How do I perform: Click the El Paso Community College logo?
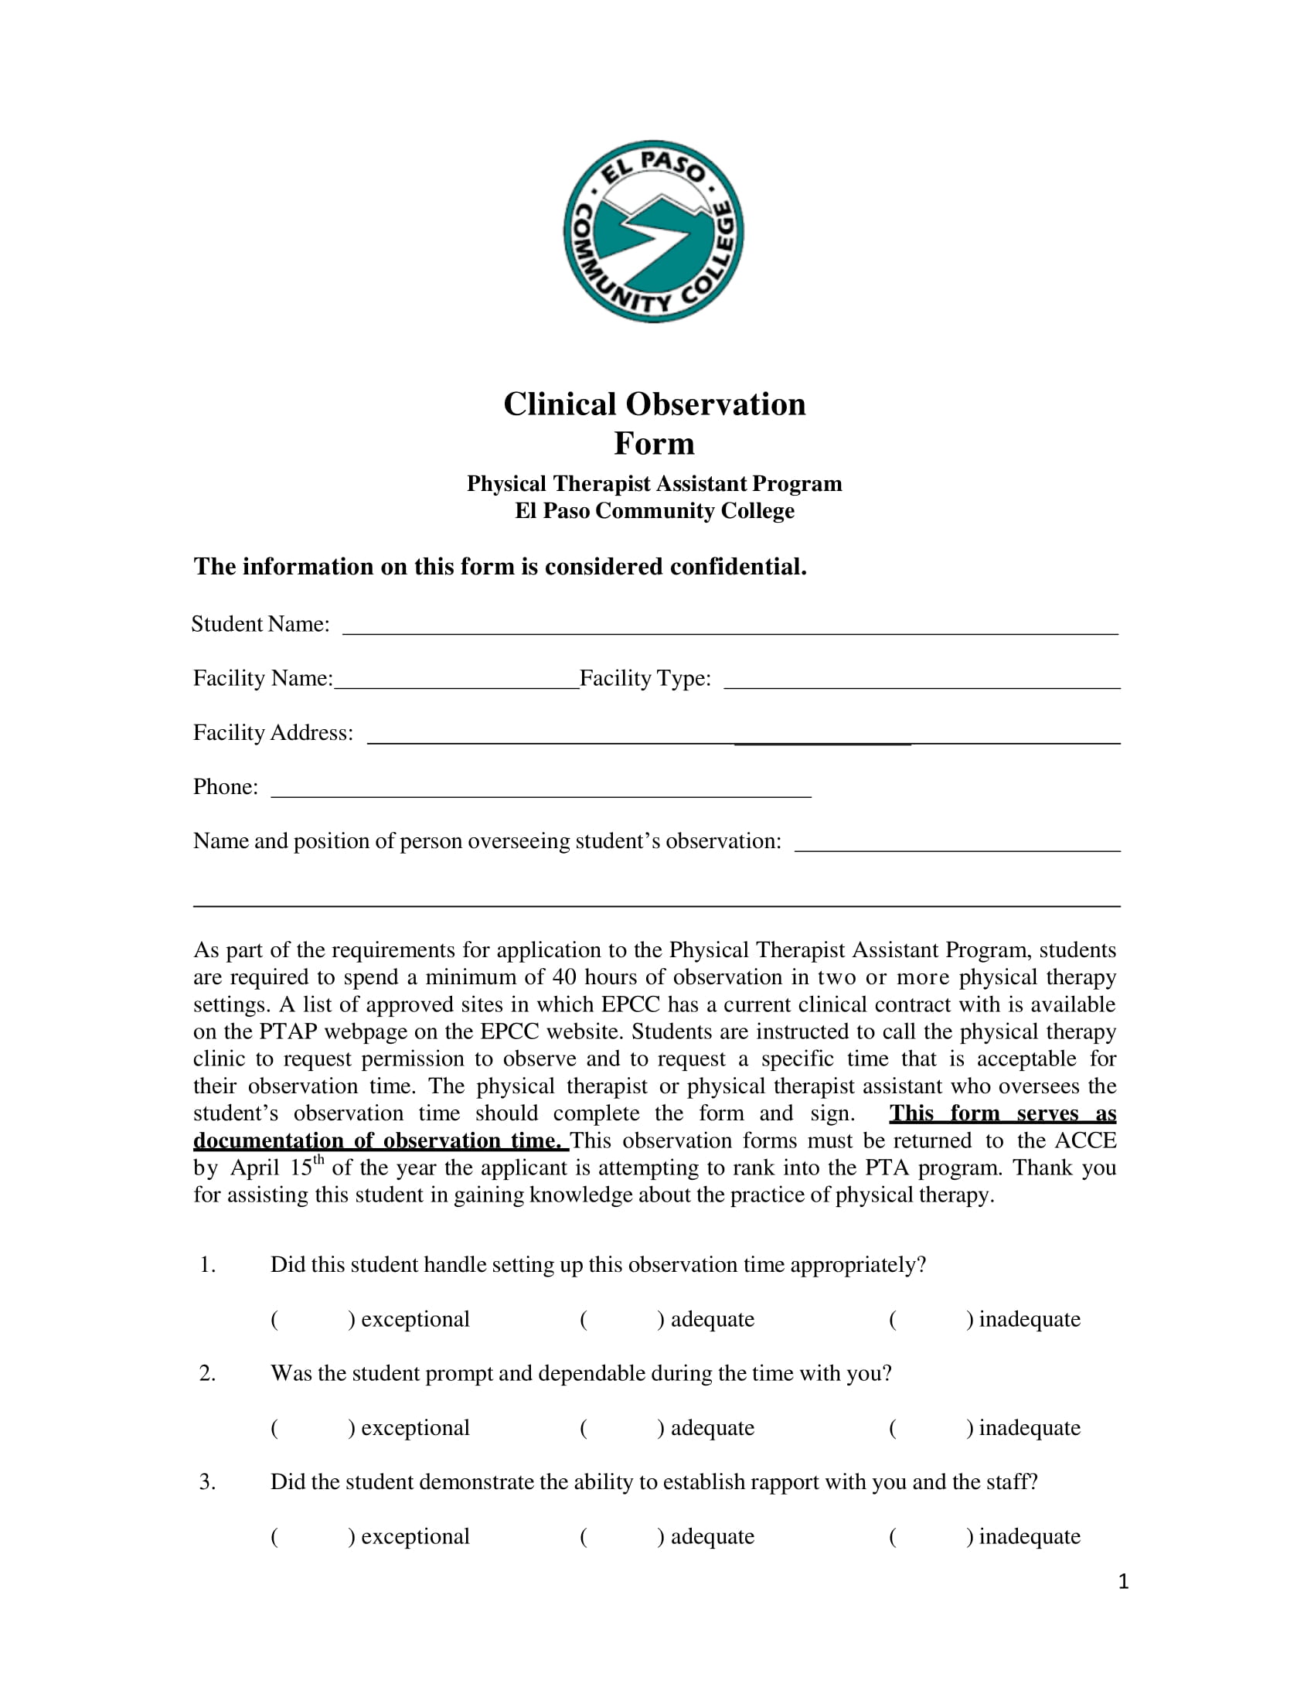653,231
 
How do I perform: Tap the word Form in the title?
654,444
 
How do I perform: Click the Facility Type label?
645,678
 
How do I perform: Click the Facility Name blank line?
456,683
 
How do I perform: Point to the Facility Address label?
272,733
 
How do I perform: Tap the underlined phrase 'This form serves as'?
1003,1113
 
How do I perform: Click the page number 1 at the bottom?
1122,1582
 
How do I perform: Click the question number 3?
206,1482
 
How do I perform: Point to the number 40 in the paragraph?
563,977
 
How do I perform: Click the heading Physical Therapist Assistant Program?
654,485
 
